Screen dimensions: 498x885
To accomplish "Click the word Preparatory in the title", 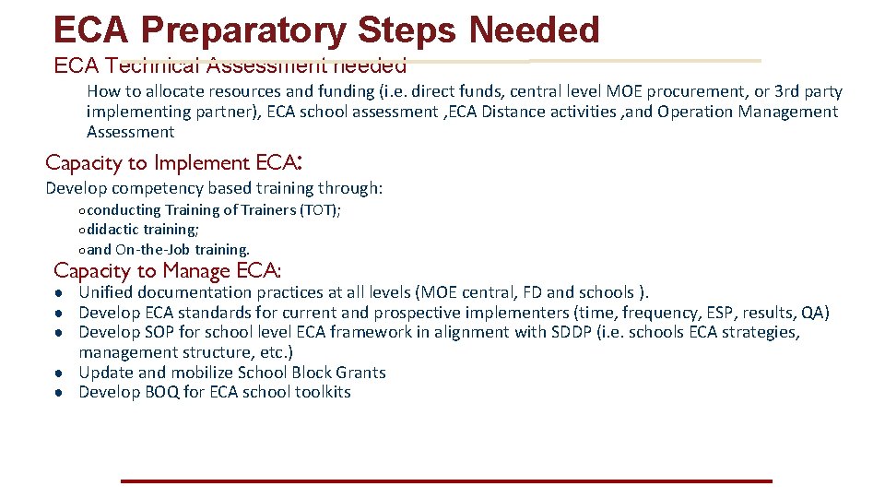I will point(247,30).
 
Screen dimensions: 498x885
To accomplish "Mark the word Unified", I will point(106,293).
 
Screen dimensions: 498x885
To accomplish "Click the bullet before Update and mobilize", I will point(58,373).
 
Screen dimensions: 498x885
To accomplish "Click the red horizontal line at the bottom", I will point(445,480).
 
